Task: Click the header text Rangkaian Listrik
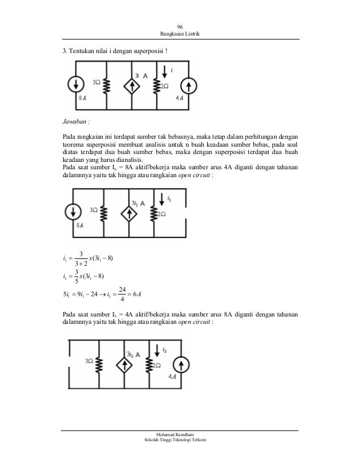tap(180, 35)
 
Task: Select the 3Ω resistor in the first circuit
tap(106, 85)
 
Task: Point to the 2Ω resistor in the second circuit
tap(154, 213)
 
